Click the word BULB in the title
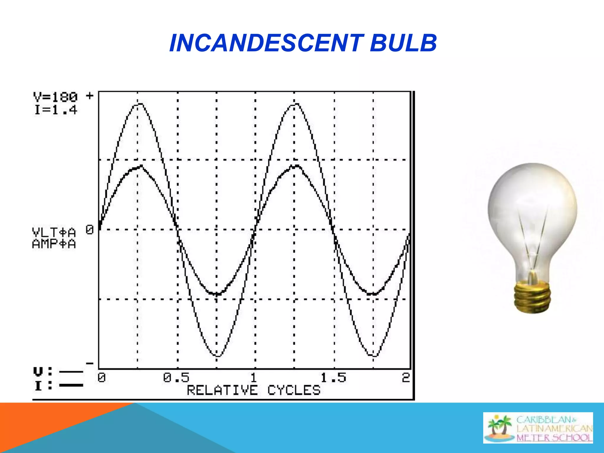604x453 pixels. [403, 43]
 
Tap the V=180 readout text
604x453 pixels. [55, 97]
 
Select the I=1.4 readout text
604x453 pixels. [55, 110]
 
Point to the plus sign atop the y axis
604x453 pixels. [90, 96]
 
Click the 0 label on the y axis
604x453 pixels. [90, 229]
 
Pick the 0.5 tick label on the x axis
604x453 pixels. [176, 377]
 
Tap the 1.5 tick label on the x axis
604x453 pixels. [333, 377]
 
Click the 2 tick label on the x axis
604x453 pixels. [406, 377]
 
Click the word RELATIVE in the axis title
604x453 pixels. [222, 390]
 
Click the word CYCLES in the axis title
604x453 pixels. [294, 390]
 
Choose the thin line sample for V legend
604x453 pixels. [71, 372]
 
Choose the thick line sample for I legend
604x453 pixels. [71, 385]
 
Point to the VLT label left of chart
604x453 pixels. [54, 232]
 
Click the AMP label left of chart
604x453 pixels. [54, 244]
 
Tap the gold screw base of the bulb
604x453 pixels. [532, 297]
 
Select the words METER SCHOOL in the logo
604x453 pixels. [554, 438]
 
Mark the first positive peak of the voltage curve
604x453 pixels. [140, 104]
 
